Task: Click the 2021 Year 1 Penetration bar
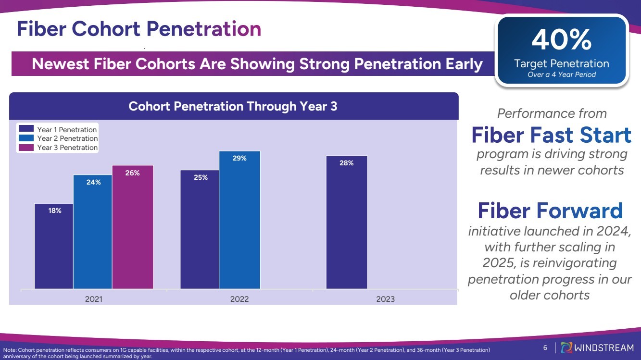click(x=54, y=246)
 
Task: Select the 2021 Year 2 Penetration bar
click(x=93, y=232)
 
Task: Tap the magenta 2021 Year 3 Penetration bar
click(x=133, y=227)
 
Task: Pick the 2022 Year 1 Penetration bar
click(x=200, y=229)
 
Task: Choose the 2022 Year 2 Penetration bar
click(x=239, y=220)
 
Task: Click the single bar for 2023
click(x=346, y=222)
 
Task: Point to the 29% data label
click(x=239, y=158)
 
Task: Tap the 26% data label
click(x=133, y=173)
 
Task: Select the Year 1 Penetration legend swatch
click(x=26, y=129)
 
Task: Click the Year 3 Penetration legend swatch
click(x=26, y=148)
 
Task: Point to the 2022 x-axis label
click(x=239, y=299)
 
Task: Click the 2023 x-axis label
click(x=385, y=299)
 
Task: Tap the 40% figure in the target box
click(x=561, y=40)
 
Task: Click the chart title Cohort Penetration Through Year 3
click(x=233, y=106)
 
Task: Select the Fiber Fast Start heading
click(x=551, y=135)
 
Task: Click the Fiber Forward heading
click(x=550, y=211)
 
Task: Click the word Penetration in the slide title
click(x=204, y=29)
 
